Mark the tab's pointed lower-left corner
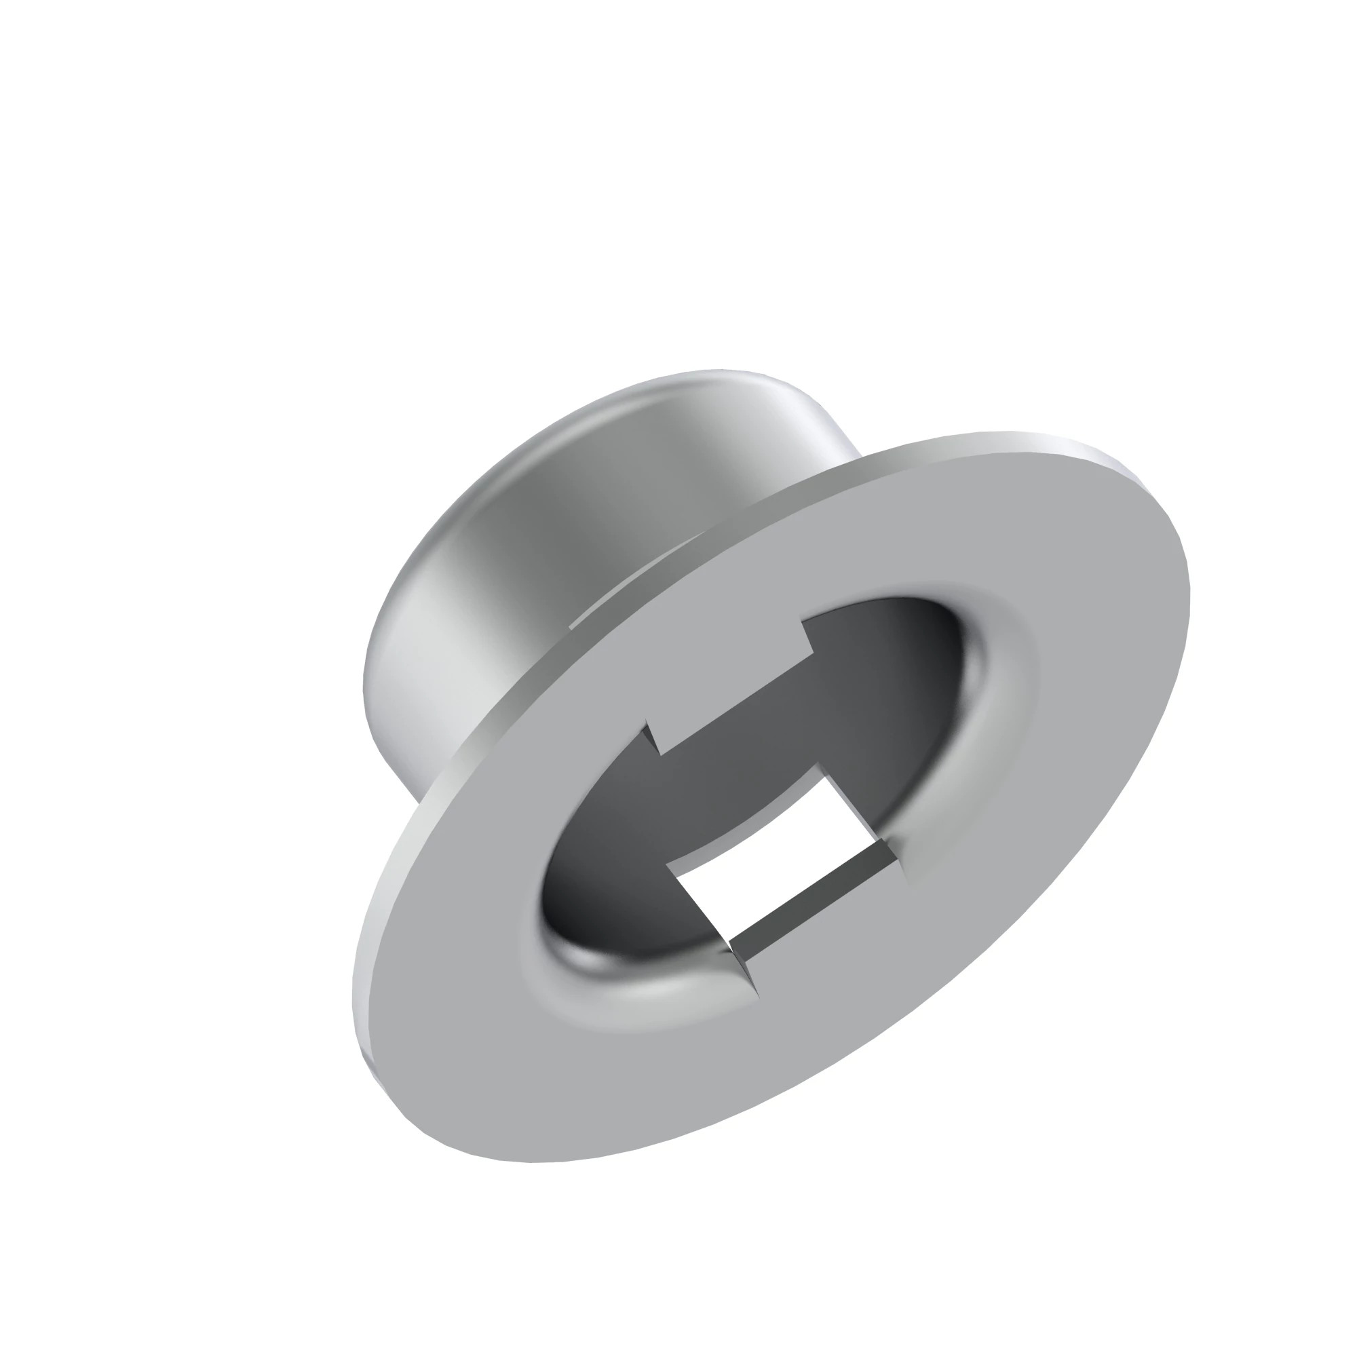660,755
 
